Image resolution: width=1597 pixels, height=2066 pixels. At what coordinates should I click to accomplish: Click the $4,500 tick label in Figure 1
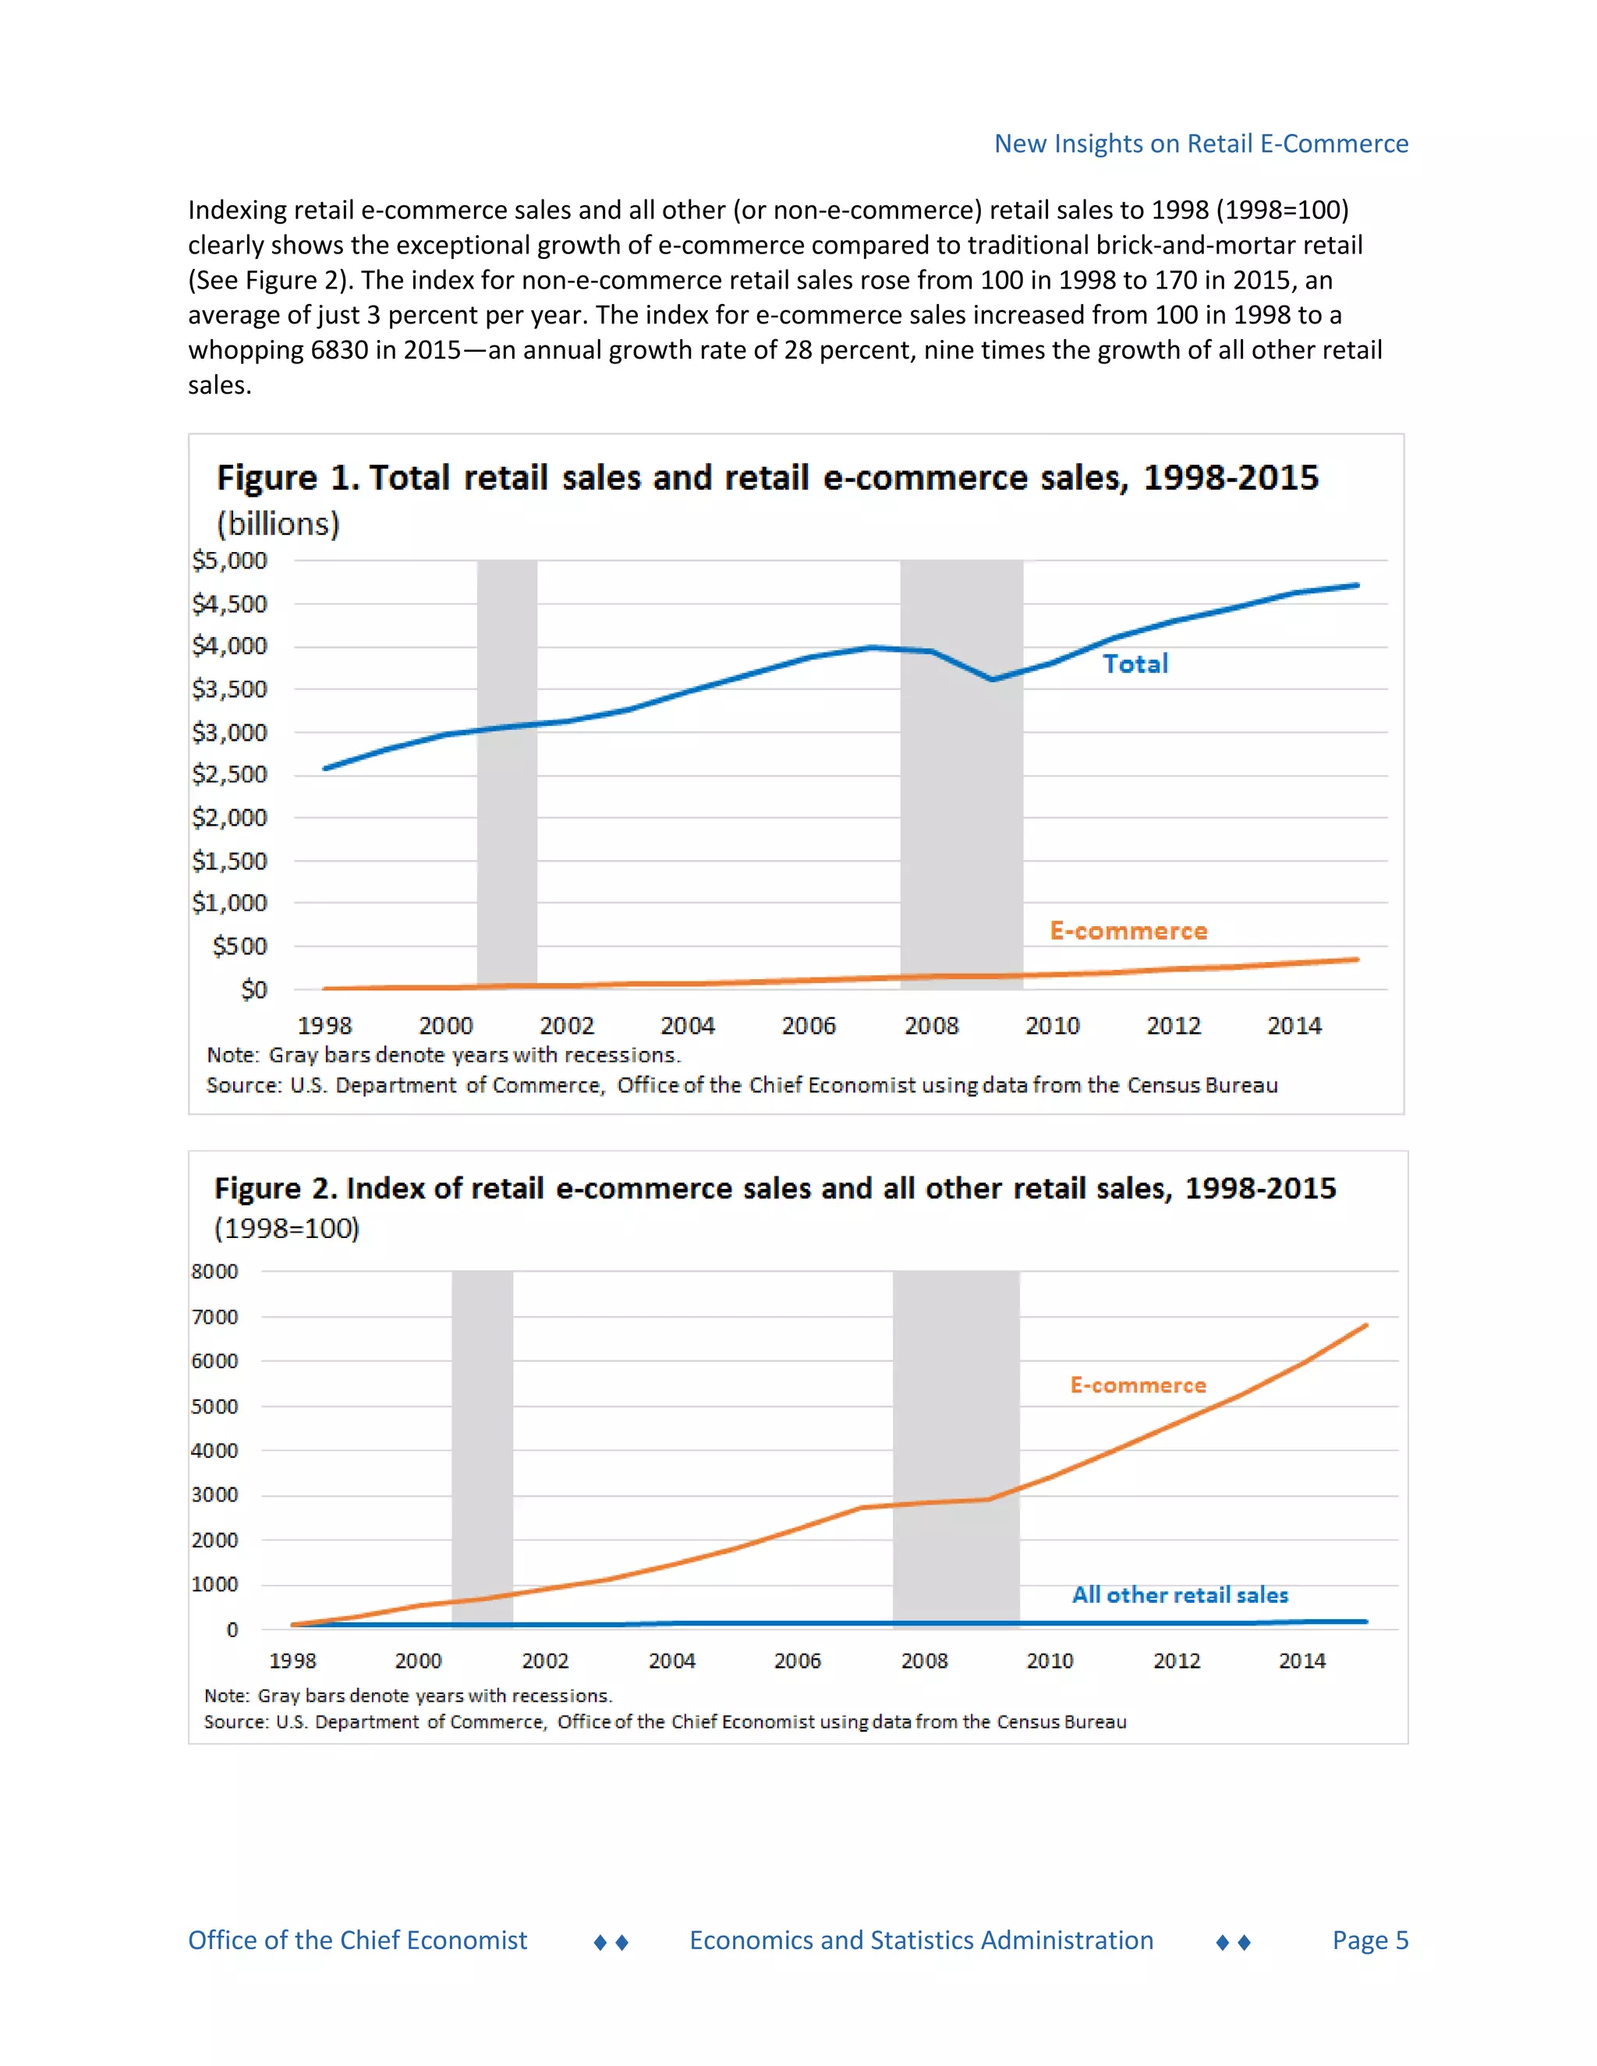[229, 603]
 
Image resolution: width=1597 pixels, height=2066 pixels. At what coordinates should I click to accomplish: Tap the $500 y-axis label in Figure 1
[239, 946]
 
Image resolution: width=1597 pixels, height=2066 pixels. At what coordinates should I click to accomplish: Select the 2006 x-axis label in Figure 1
[808, 1025]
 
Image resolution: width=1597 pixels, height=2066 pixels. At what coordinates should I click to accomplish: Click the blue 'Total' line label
[1135, 664]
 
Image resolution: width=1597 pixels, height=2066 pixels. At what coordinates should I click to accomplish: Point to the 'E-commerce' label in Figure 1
[1128, 931]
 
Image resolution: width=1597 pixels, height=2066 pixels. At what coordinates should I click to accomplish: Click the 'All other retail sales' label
[1179, 1595]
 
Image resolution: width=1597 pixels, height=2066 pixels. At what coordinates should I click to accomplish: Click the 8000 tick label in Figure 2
[214, 1272]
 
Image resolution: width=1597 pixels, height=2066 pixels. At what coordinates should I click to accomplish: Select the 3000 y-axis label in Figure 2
[214, 1495]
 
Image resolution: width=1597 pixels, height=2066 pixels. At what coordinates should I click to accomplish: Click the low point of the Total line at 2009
[992, 679]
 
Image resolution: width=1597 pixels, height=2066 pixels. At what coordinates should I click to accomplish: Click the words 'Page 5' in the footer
[1370, 1940]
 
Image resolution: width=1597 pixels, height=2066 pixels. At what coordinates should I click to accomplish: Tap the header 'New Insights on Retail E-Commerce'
[1201, 143]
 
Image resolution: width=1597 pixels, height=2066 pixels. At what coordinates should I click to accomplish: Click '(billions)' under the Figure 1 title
[278, 523]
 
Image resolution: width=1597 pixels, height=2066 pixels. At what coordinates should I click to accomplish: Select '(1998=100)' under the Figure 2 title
[287, 1228]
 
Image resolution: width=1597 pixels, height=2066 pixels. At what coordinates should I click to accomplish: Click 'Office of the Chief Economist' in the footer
[358, 1940]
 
